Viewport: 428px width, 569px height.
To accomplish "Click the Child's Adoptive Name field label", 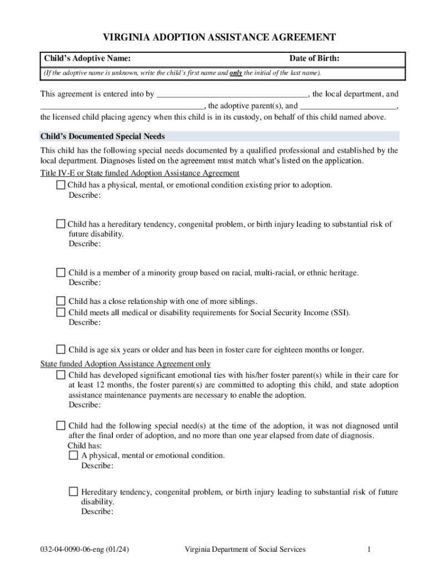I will [88, 59].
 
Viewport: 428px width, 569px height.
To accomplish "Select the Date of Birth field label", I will [314, 59].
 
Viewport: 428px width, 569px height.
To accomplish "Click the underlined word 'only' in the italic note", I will [236, 73].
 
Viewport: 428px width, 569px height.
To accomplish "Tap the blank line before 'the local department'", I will [232, 94].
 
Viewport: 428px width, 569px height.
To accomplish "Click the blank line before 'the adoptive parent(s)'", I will [122, 106].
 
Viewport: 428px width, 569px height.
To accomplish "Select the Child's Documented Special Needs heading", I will [103, 136].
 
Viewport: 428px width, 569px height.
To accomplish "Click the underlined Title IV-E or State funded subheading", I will [140, 173].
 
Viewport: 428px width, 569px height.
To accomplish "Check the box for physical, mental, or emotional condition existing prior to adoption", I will [61, 184].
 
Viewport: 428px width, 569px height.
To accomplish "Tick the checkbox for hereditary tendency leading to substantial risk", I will [61, 224].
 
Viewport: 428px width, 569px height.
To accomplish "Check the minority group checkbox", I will [61, 272].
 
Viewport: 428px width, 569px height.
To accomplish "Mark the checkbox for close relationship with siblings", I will [61, 301].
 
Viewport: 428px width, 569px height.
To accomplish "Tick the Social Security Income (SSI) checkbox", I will [61, 312].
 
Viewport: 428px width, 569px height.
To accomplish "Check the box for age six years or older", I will [61, 350].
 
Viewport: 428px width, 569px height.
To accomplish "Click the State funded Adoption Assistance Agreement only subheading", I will [126, 364].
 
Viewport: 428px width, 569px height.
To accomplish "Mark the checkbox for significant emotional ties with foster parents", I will [61, 375].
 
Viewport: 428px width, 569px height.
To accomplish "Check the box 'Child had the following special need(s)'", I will [61, 426].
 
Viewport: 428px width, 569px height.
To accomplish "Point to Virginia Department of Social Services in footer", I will [245, 550].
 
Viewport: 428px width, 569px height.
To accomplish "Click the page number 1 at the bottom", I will [369, 550].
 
